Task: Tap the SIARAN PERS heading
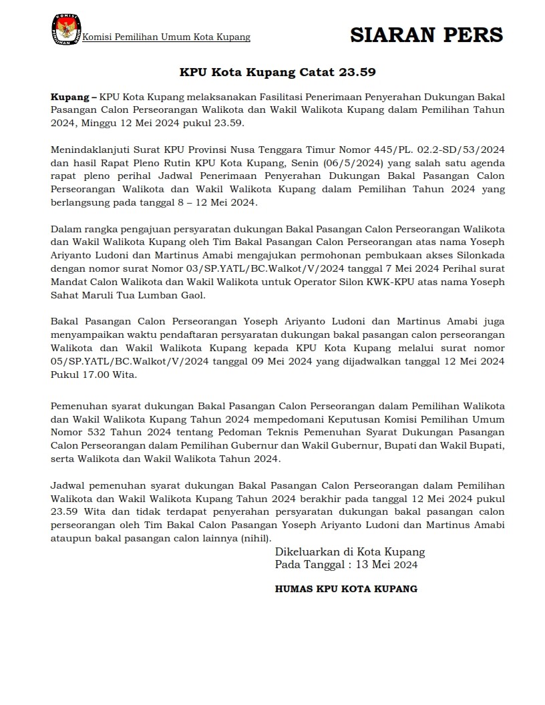tap(427, 35)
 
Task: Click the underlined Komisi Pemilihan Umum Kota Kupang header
tap(166, 37)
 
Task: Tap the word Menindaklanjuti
tap(89, 149)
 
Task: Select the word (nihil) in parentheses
tap(256, 538)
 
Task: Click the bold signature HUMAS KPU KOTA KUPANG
tap(346, 589)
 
